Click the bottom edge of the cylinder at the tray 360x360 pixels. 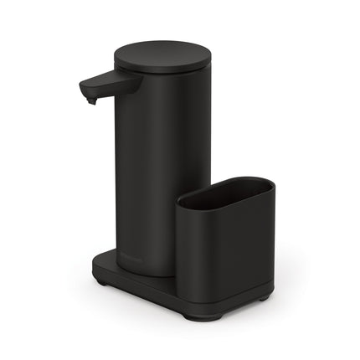(x=147, y=274)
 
